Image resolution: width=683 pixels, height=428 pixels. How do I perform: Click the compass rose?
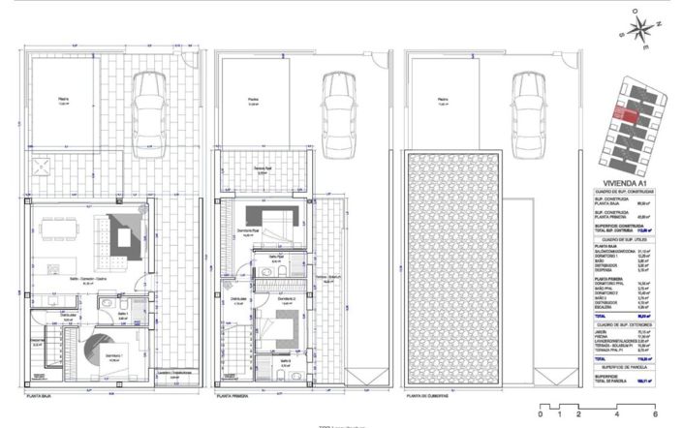641,29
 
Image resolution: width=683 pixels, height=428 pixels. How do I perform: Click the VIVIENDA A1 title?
630,179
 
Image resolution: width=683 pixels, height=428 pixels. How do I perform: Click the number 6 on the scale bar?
655,415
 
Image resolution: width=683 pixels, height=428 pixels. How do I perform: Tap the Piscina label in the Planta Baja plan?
63,99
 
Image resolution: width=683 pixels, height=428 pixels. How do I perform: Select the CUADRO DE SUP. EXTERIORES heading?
630,325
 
